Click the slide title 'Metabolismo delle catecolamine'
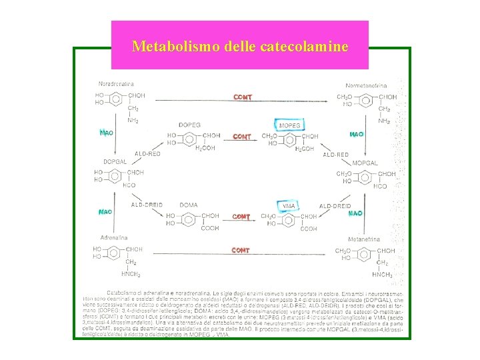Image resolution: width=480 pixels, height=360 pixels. [239, 46]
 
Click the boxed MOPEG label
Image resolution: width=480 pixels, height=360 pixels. [289, 125]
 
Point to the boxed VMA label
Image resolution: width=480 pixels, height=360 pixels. [289, 206]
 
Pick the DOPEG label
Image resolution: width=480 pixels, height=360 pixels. [189, 125]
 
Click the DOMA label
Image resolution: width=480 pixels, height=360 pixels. [189, 205]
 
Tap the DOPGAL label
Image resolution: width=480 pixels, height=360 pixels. [115, 162]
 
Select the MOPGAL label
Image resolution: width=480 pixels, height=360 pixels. [365, 163]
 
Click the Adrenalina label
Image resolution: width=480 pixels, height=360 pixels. [114, 237]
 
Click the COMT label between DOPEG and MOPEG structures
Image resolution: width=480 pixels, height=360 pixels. [242, 137]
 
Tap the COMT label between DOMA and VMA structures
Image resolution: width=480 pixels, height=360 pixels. [241, 217]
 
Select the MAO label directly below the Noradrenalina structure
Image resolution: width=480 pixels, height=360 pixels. [105, 133]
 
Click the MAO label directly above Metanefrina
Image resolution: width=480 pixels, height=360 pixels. [355, 213]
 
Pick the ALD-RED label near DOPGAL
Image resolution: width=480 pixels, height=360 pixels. [147, 154]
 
